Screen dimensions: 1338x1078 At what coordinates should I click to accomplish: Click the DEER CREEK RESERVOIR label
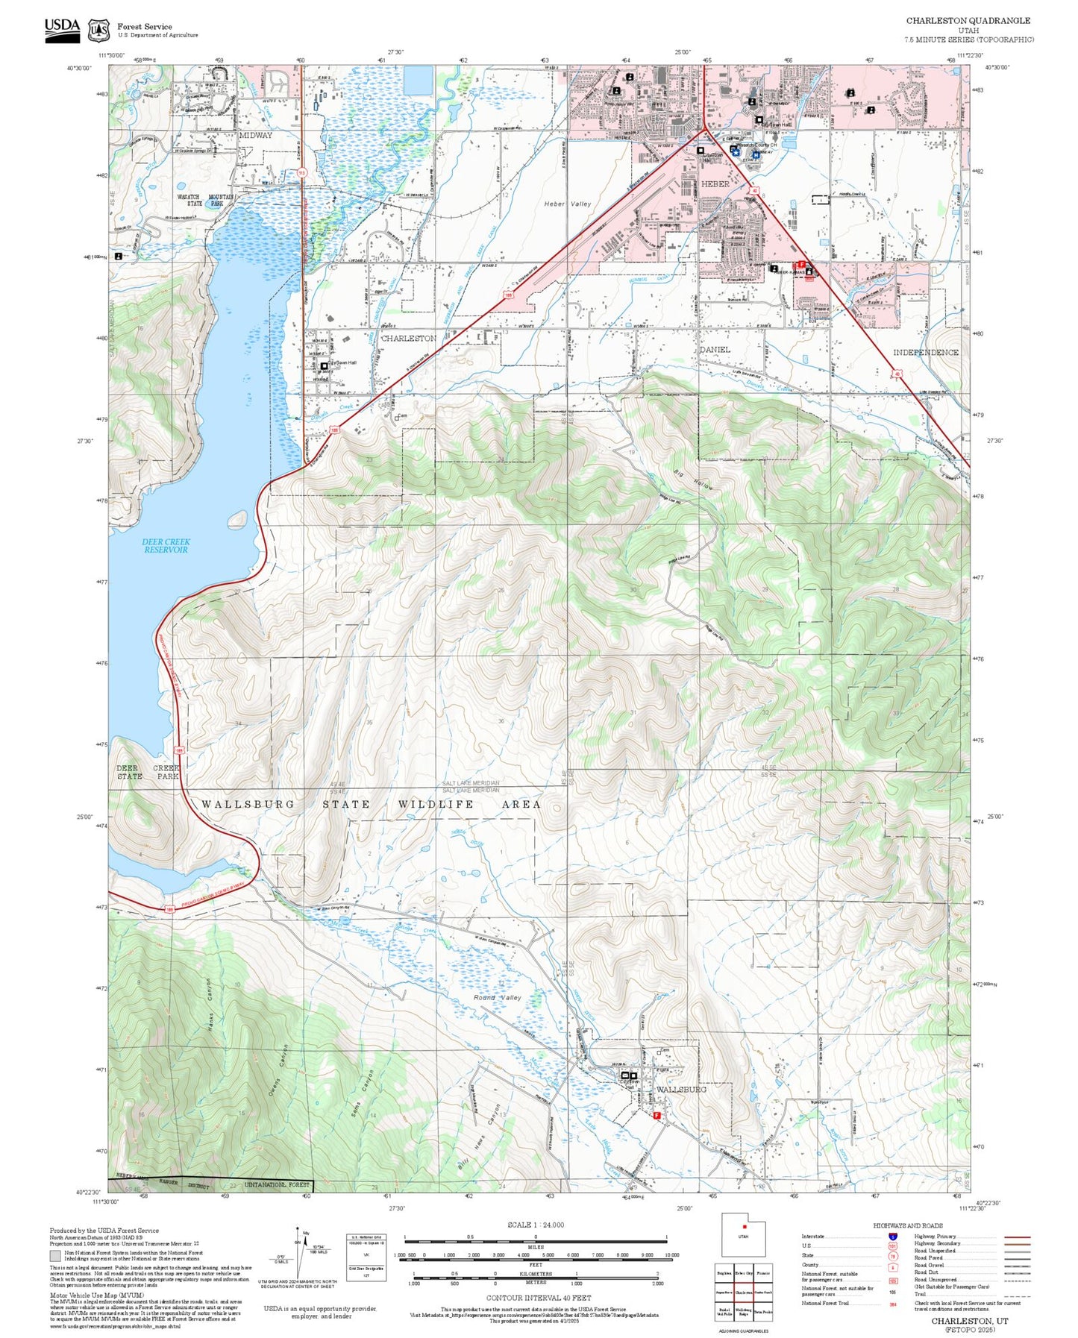pyautogui.click(x=166, y=545)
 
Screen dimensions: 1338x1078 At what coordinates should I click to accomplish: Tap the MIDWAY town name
pyautogui.click(x=255, y=136)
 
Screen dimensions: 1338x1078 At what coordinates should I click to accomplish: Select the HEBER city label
pyautogui.click(x=715, y=183)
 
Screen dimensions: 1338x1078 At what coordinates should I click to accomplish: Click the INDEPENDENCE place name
pyautogui.click(x=925, y=352)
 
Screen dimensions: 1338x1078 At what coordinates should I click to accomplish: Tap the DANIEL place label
pyautogui.click(x=715, y=349)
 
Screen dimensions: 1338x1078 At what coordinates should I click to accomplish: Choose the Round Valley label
pyautogui.click(x=497, y=997)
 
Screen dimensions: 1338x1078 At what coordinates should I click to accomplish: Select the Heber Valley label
pyautogui.click(x=567, y=204)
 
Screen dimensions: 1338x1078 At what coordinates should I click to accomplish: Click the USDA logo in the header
pyautogui.click(x=62, y=29)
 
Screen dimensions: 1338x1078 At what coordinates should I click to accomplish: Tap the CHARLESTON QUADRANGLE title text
pyautogui.click(x=968, y=21)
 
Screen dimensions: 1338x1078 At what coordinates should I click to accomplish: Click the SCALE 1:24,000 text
pyautogui.click(x=535, y=1225)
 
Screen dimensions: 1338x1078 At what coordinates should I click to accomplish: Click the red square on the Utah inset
pyautogui.click(x=744, y=1226)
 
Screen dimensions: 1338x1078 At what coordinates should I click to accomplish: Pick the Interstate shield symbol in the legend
pyautogui.click(x=892, y=1237)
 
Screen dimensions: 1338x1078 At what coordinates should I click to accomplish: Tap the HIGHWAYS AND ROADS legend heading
pyautogui.click(x=907, y=1225)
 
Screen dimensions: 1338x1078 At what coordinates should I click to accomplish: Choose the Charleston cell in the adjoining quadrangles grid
pyautogui.click(x=743, y=1293)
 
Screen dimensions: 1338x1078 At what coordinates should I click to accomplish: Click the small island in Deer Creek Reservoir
pyautogui.click(x=238, y=518)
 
